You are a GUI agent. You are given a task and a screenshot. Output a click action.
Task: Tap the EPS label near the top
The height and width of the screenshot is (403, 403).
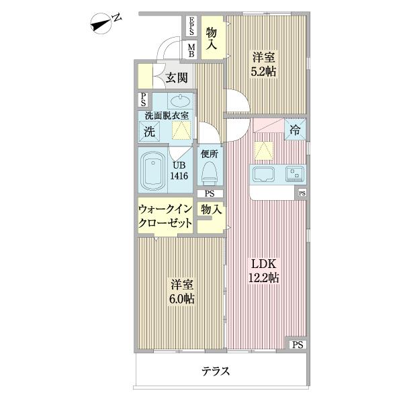click(191, 28)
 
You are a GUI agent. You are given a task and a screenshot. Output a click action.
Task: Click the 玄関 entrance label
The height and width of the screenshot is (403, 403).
click(177, 78)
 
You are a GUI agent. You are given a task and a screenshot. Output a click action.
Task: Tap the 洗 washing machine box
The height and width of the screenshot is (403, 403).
click(149, 132)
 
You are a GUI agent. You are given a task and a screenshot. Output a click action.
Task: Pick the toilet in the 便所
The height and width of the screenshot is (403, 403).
click(209, 173)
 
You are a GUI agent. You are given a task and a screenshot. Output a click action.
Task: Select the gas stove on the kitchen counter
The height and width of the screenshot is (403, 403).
click(295, 174)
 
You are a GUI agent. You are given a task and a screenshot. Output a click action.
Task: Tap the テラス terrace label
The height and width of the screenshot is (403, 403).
click(216, 371)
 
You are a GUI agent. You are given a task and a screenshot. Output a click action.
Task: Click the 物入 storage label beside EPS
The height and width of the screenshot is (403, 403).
click(212, 38)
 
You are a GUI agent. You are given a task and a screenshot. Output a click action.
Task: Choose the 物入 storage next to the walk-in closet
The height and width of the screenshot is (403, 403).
click(212, 210)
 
